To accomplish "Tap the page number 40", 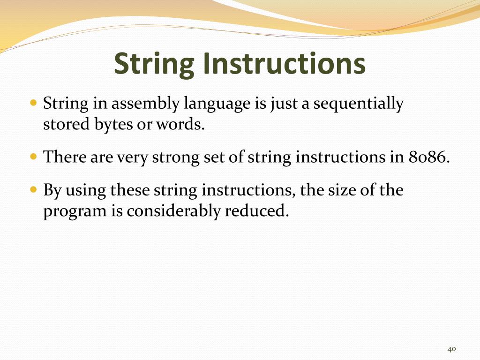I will (x=452, y=349).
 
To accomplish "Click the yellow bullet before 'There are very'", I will (x=33, y=156).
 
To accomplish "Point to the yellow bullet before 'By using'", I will (x=33, y=190).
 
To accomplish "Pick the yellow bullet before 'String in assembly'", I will (x=33, y=102).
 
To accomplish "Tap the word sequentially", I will (x=358, y=104).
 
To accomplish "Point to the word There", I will (x=62, y=157).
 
